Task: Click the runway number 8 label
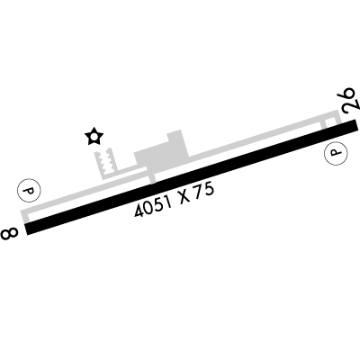(9, 233)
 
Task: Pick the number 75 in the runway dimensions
(204, 191)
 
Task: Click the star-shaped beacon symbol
(94, 137)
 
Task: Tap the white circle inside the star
(94, 137)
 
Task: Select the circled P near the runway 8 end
(29, 190)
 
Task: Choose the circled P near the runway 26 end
(336, 153)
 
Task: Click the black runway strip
(192, 176)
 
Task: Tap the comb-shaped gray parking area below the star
(103, 164)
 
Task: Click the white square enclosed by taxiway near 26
(330, 122)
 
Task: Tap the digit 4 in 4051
(139, 211)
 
